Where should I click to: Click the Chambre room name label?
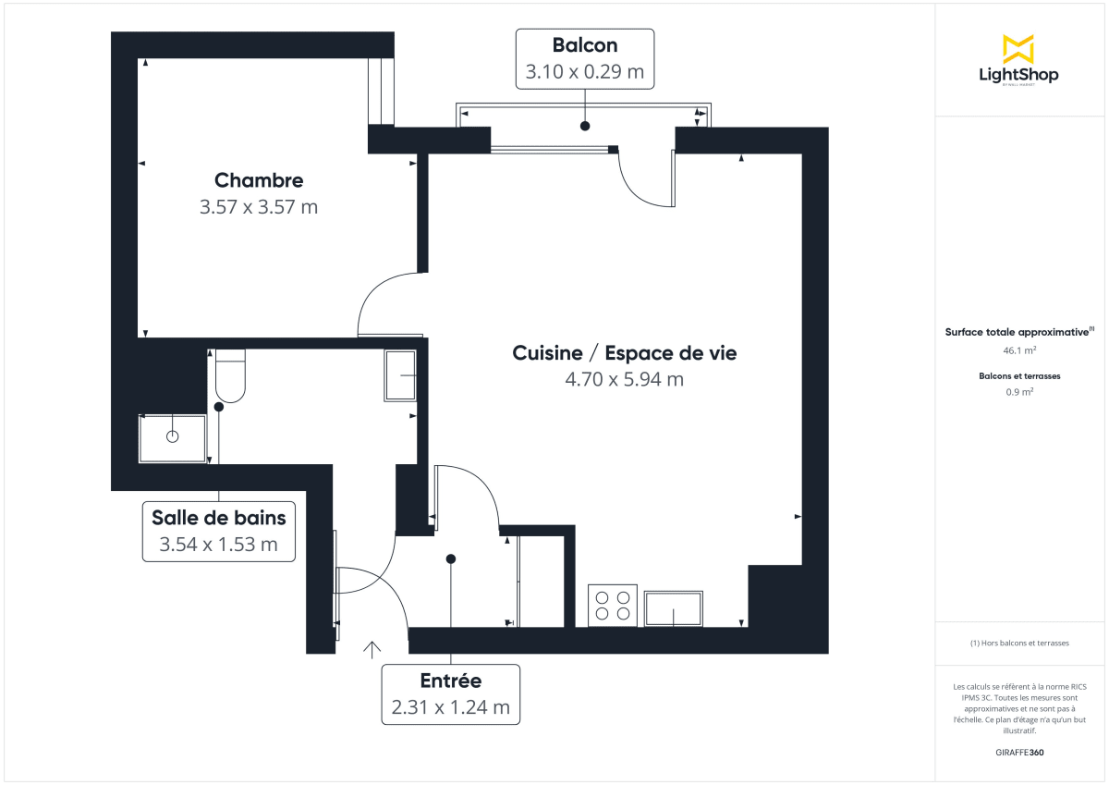tap(259, 180)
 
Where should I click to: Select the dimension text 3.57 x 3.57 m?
tap(259, 207)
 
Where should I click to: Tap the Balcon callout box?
tap(585, 58)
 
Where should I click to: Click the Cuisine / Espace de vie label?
tap(625, 353)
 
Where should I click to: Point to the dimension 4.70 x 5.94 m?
tap(625, 379)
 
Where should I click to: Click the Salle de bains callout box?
tap(219, 531)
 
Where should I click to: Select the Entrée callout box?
tap(451, 693)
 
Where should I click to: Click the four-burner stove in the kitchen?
tap(613, 605)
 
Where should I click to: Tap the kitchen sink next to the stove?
tap(673, 608)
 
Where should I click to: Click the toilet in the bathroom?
tap(230, 377)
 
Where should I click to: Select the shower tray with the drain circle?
tap(172, 437)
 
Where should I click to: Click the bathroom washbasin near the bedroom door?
tap(400, 375)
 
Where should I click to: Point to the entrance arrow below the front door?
tap(372, 649)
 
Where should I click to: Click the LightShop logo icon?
tap(1018, 49)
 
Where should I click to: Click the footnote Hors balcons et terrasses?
tap(1019, 643)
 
